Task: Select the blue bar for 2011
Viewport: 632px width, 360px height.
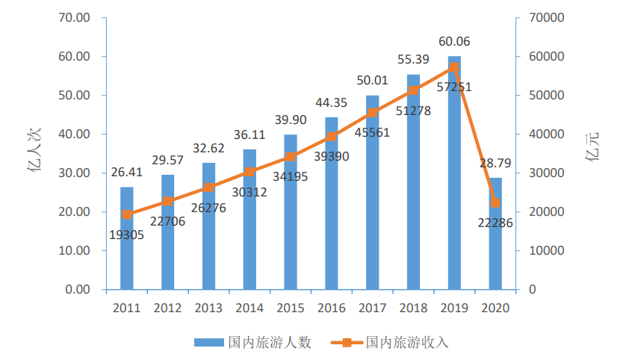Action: click(127, 239)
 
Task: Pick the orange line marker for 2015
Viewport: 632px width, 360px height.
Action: click(291, 157)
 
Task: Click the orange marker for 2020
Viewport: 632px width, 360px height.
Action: click(495, 202)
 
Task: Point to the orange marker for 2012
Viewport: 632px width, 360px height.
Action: click(168, 202)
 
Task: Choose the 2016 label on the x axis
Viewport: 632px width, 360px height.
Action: click(332, 308)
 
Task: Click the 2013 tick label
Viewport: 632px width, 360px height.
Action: click(208, 308)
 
